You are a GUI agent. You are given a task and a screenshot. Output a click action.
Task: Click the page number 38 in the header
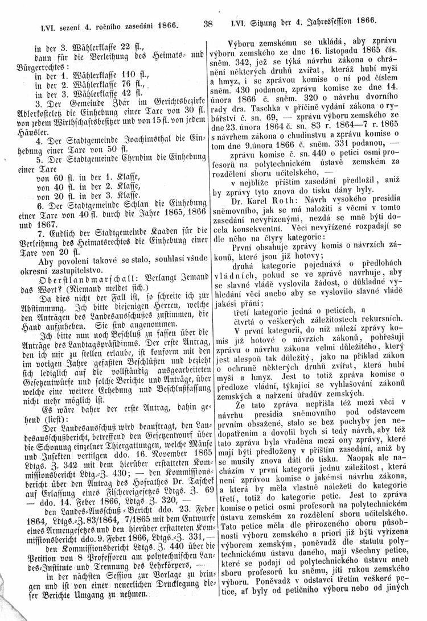[x=207, y=24]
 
